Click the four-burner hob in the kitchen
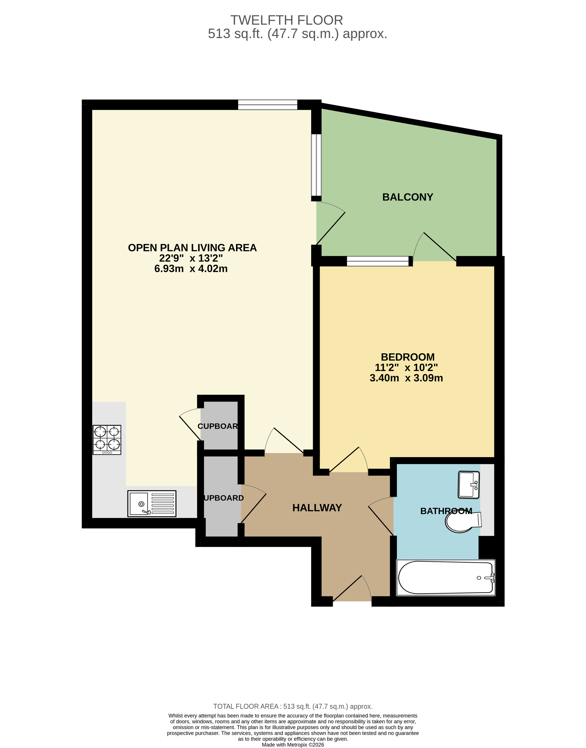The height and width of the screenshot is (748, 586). click(x=107, y=439)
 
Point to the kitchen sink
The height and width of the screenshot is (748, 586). click(x=152, y=503)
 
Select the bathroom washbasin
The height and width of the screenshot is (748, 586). click(x=469, y=485)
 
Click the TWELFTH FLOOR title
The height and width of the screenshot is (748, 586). click(x=287, y=20)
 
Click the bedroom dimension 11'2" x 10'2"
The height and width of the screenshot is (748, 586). click(x=406, y=368)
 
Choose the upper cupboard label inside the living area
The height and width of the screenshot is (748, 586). click(x=218, y=426)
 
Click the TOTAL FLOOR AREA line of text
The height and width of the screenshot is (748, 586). click(x=293, y=706)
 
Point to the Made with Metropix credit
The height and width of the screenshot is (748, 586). click(x=293, y=745)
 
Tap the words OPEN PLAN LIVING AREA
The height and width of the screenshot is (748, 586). click(x=192, y=248)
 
